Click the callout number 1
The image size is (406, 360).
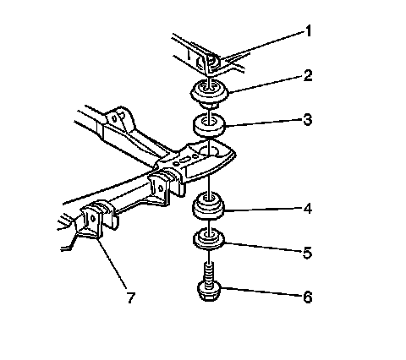(x=308, y=31)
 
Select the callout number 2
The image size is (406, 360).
(x=308, y=76)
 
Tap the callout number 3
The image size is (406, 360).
(x=308, y=120)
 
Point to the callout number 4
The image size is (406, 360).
(x=308, y=209)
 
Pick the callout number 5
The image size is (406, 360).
(x=308, y=253)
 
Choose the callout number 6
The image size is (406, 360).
(x=308, y=297)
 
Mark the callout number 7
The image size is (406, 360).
(x=130, y=297)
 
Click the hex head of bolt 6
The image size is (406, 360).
(x=209, y=292)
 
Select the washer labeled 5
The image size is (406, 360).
(x=209, y=239)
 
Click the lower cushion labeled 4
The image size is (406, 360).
(x=208, y=206)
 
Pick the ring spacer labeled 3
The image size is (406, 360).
(x=209, y=125)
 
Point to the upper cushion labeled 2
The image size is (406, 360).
(x=210, y=93)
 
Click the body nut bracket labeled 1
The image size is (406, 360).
(x=209, y=61)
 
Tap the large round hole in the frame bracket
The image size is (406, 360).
(x=209, y=151)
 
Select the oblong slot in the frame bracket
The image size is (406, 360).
(x=185, y=160)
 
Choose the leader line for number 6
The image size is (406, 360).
(x=262, y=292)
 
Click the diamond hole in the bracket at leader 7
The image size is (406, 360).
(x=92, y=217)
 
